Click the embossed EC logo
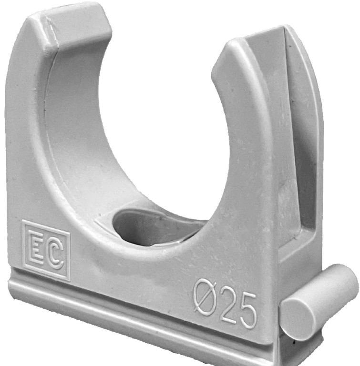pos(46,250)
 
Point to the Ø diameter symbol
pos(206,295)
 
